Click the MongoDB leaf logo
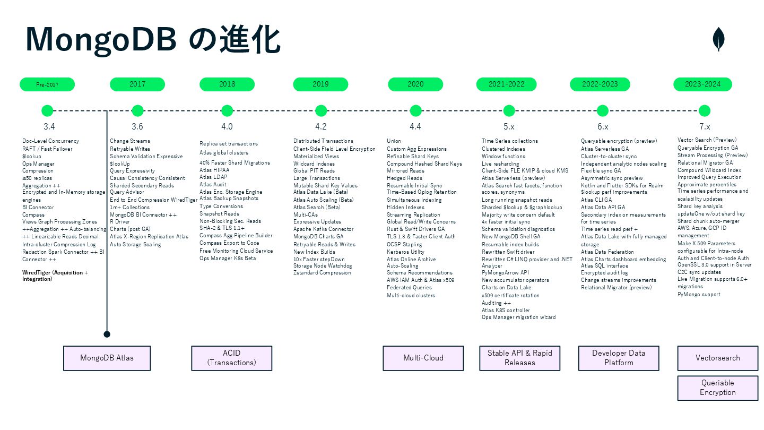point(719,40)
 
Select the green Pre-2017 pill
point(47,84)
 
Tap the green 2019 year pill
point(320,84)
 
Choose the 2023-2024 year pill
point(702,84)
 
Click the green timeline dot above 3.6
point(137,111)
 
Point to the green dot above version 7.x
point(704,111)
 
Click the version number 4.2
point(320,127)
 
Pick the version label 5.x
point(508,127)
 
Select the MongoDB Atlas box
point(107,358)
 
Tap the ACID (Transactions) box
point(231,358)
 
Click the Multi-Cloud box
point(423,358)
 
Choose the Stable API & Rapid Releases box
point(520,358)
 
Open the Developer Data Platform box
point(619,358)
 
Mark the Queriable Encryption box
point(717,388)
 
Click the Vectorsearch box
point(717,358)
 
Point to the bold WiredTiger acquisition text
point(55,276)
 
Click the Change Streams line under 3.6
point(130,141)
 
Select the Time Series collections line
point(509,141)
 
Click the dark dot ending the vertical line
point(107,334)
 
